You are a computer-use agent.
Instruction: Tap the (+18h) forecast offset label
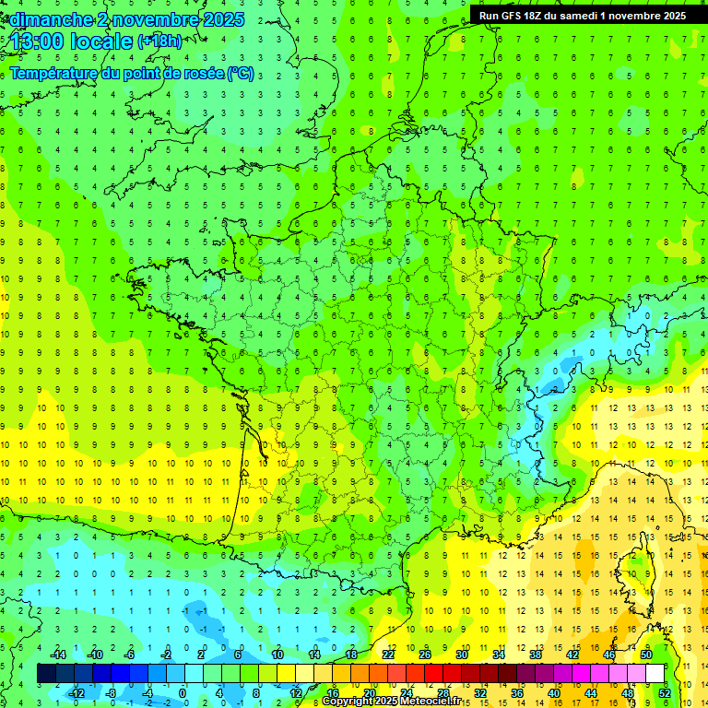[x=159, y=41]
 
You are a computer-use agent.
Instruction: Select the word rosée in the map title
[x=197, y=74]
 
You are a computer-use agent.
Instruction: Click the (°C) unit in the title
[x=241, y=74]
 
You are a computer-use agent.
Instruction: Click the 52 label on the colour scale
[x=664, y=692]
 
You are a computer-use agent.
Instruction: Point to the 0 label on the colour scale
[x=183, y=692]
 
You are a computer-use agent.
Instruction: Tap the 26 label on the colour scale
[x=425, y=655]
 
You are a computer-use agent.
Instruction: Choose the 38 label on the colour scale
[x=536, y=655]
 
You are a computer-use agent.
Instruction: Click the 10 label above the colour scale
[x=277, y=655]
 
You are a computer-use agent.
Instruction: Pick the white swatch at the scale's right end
[x=655, y=674]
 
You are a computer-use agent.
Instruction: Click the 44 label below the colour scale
[x=590, y=692]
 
